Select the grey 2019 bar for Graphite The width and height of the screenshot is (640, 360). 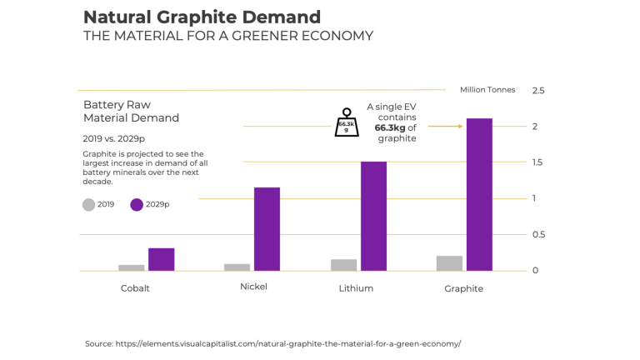(449, 263)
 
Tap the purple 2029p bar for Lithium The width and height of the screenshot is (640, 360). (373, 216)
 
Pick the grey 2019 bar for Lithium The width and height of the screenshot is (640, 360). (343, 265)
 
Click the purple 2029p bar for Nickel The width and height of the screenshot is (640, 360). (267, 229)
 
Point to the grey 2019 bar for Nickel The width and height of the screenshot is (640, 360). (237, 267)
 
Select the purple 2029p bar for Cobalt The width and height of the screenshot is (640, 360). (161, 259)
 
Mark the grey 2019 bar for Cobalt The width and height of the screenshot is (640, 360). (131, 267)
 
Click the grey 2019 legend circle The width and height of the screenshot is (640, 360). (88, 204)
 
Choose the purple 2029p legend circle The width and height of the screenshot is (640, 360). (137, 204)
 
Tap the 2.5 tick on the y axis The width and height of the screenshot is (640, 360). (538, 90)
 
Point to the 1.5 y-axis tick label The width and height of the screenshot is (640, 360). (538, 162)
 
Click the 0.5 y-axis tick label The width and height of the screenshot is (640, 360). (538, 235)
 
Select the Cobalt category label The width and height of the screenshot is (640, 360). (135, 288)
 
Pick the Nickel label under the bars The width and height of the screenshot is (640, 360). (253, 287)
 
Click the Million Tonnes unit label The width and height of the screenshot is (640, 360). (487, 90)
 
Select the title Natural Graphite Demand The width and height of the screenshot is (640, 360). (202, 17)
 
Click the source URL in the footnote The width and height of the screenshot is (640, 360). (287, 343)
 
